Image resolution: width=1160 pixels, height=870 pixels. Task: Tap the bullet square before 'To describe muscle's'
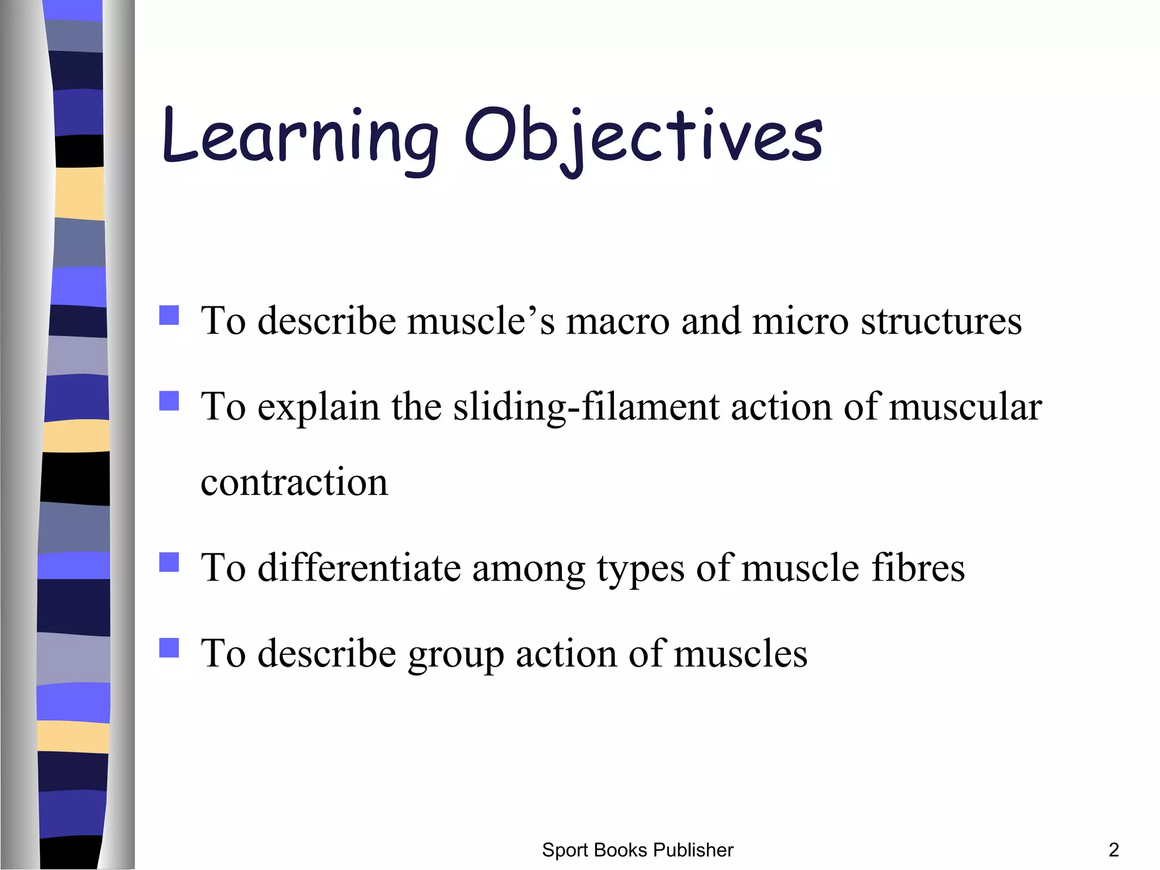[169, 315]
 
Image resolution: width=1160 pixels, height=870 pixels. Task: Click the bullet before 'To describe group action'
[169, 647]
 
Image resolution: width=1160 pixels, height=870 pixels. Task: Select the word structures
[941, 322]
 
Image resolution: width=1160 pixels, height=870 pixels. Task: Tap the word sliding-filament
[586, 407]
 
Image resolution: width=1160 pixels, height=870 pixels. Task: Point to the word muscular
[965, 407]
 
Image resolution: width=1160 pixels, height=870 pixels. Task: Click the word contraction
[294, 483]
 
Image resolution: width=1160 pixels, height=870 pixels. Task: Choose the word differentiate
[359, 568]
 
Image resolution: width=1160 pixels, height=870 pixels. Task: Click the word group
[456, 655]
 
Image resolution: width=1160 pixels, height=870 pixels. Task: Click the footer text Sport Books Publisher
[637, 850]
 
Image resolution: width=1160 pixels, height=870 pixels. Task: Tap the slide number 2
[1113, 850]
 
